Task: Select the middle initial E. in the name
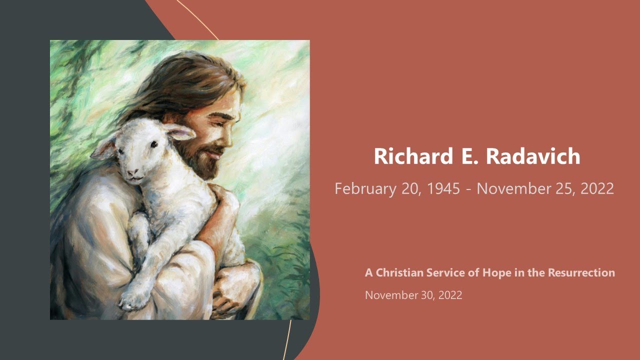pyautogui.click(x=460, y=156)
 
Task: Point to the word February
pyautogui.click(x=365, y=189)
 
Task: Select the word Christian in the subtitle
pyautogui.click(x=399, y=273)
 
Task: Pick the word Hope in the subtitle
pyautogui.click(x=495, y=273)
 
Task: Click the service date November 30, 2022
pyautogui.click(x=413, y=295)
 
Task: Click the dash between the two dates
pyautogui.click(x=468, y=189)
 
